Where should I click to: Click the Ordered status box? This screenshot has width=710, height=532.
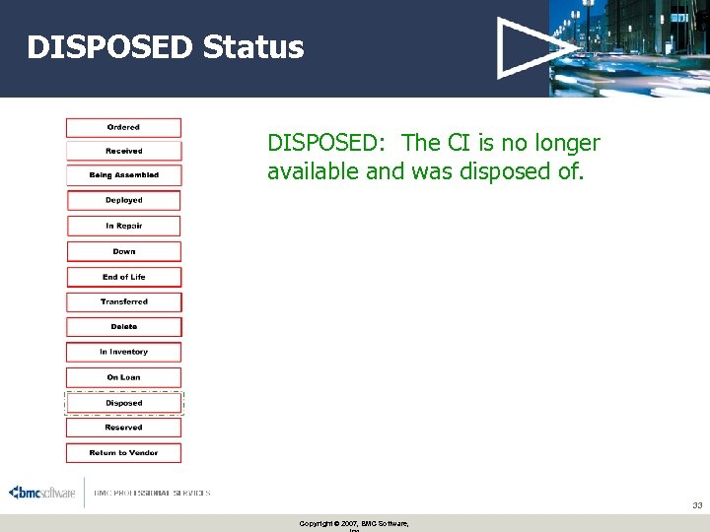(123, 128)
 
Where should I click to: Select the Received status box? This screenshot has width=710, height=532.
(123, 152)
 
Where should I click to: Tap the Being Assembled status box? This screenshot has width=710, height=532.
(123, 175)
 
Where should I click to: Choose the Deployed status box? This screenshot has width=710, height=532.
(123, 201)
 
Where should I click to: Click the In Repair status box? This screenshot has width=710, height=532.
(123, 227)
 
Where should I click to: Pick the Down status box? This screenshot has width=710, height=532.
(123, 252)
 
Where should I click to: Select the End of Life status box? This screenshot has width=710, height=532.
(123, 278)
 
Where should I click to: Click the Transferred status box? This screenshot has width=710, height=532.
(123, 302)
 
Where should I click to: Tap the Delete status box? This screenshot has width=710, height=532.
(123, 327)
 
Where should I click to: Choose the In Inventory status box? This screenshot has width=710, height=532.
(123, 352)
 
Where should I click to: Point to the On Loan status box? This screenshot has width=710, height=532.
(123, 377)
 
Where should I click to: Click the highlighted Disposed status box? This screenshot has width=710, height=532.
(123, 403)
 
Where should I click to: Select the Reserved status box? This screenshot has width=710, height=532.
(123, 428)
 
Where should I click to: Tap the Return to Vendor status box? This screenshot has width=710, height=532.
(123, 453)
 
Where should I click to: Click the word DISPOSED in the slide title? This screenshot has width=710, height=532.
(109, 47)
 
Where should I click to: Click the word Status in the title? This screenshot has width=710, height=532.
(253, 47)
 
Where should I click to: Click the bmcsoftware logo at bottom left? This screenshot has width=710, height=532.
(41, 493)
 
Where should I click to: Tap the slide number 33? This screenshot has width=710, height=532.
(696, 505)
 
